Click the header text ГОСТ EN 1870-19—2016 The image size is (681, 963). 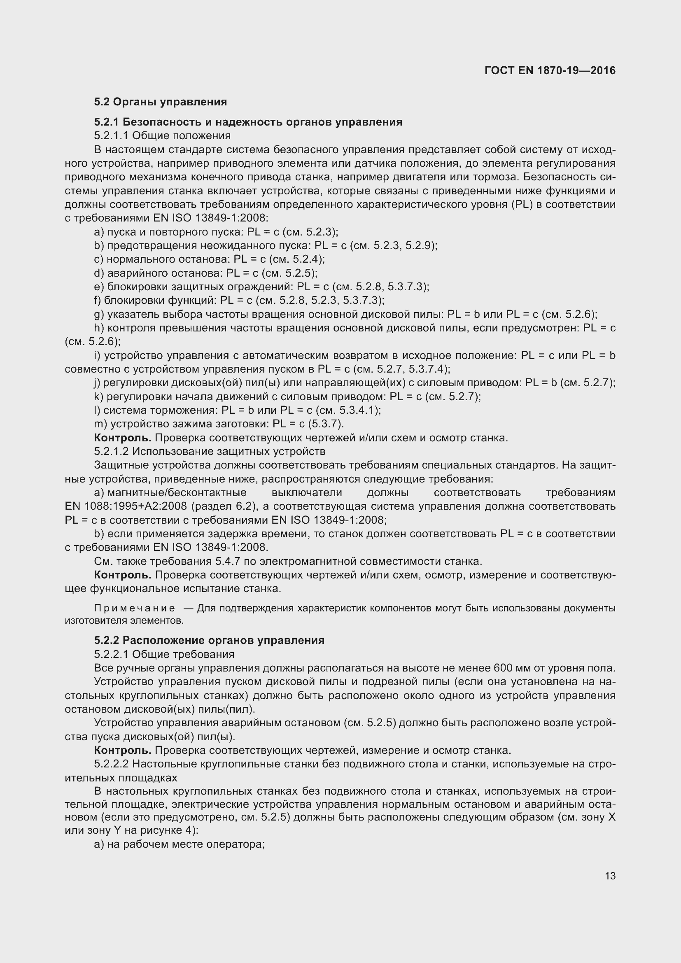[550, 70]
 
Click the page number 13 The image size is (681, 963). [610, 876]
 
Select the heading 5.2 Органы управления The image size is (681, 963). [161, 102]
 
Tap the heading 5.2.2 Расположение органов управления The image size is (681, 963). [209, 641]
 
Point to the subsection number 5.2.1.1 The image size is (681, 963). [111, 135]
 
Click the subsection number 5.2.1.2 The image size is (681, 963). [111, 451]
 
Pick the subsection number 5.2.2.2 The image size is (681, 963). [111, 764]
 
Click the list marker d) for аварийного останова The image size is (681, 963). [99, 273]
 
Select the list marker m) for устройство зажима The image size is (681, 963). [100, 424]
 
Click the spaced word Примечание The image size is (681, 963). [135, 608]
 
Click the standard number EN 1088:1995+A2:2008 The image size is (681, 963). [126, 506]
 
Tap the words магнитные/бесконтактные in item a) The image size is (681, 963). [177, 492]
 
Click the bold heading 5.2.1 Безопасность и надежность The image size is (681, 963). [248, 122]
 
